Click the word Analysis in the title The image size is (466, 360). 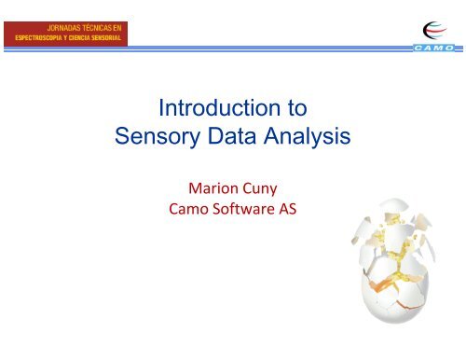(x=305, y=139)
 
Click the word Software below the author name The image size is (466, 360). (x=236, y=211)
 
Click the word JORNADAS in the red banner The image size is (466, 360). (x=59, y=29)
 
